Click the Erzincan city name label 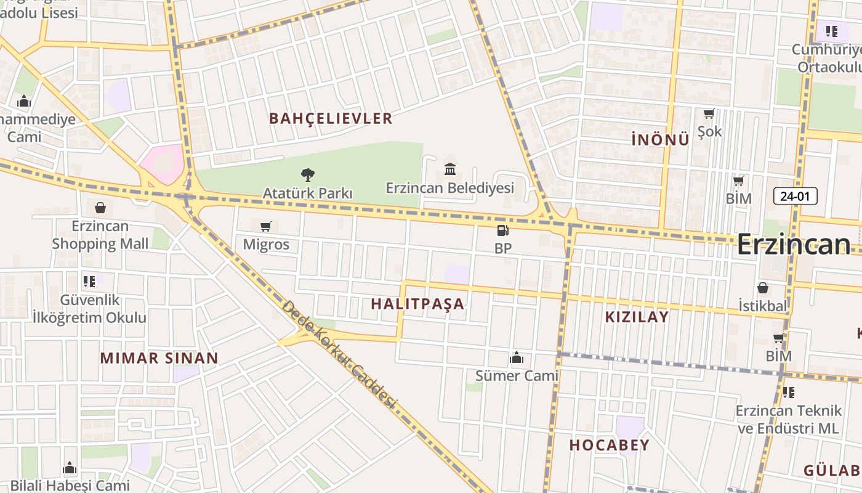794,244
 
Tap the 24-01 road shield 795,196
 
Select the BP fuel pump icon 503,231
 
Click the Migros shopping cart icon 266,226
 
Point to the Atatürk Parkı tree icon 307,175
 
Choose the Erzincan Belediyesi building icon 450,169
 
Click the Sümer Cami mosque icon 517,357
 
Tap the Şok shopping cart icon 709,114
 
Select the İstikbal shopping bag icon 763,288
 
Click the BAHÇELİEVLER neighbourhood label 331,118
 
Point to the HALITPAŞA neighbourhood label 417,304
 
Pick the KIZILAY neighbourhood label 637,317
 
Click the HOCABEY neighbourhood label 609,445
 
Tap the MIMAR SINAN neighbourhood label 159,358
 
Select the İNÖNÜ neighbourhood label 660,140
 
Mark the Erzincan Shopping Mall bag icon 100,208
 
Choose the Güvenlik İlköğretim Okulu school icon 89,282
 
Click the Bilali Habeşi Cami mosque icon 70,468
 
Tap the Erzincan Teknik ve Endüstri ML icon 789,392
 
